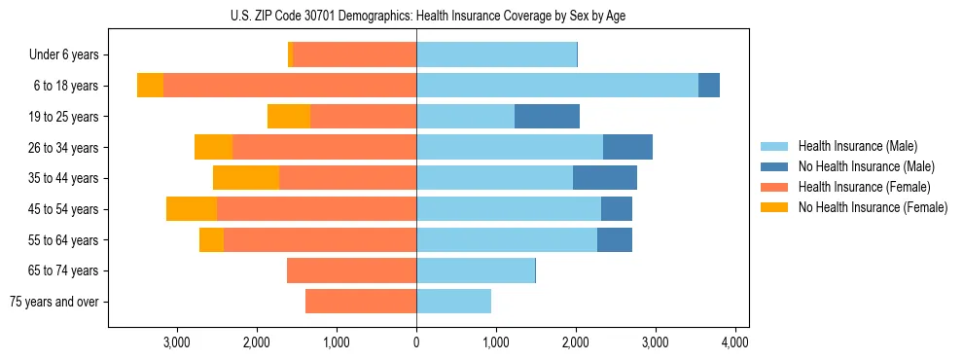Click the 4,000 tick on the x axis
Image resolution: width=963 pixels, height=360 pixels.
[x=734, y=342]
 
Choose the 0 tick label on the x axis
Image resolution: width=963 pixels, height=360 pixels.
[x=416, y=342]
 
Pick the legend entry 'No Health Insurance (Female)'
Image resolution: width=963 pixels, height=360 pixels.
[x=873, y=207]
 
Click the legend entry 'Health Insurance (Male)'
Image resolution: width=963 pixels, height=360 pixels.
[x=858, y=146]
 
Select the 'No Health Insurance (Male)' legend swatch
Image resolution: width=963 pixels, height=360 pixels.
[x=775, y=166]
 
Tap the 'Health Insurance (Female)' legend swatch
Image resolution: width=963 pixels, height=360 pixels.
[x=775, y=187]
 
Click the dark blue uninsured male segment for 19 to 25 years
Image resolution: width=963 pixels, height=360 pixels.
[x=547, y=117]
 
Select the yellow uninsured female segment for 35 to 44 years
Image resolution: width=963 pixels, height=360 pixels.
[x=246, y=178]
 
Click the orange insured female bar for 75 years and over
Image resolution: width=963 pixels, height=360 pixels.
[x=361, y=302]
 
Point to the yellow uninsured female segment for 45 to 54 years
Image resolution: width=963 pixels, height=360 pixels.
[x=192, y=209]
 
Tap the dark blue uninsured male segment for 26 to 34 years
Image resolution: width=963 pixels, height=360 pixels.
[x=627, y=148]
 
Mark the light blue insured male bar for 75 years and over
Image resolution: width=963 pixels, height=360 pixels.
[x=453, y=302]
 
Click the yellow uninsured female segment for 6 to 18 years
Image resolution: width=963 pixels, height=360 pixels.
[x=150, y=86]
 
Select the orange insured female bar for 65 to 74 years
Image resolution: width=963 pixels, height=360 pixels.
[x=352, y=270]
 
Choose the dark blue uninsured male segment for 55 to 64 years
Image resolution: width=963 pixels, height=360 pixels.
[x=615, y=240]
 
